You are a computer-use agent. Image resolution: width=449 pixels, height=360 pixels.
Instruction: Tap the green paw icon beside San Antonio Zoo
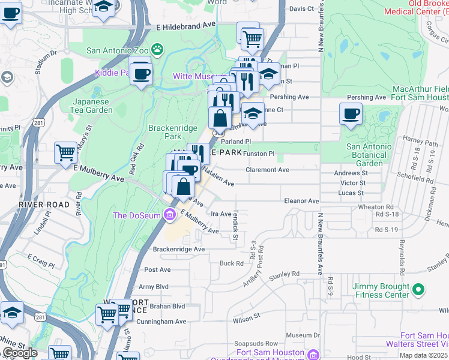[x=157, y=49]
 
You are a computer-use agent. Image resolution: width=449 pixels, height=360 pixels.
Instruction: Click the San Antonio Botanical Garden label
[x=369, y=155]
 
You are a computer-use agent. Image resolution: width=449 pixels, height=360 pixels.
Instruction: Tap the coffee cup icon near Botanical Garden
[x=351, y=114]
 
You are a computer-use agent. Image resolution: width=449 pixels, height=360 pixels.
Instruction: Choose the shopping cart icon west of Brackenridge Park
[x=65, y=152]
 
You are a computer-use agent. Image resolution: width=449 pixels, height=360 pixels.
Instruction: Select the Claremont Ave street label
[x=267, y=170]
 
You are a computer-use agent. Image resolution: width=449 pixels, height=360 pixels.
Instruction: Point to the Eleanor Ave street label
[x=301, y=201]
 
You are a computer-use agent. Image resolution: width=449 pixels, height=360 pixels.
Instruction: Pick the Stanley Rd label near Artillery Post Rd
[x=284, y=275]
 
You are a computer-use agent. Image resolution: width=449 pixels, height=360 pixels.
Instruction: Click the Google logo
[x=19, y=353]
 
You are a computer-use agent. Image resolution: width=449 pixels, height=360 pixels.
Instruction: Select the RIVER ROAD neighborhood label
[x=44, y=205]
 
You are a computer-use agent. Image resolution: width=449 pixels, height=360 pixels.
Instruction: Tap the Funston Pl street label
[x=259, y=154]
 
